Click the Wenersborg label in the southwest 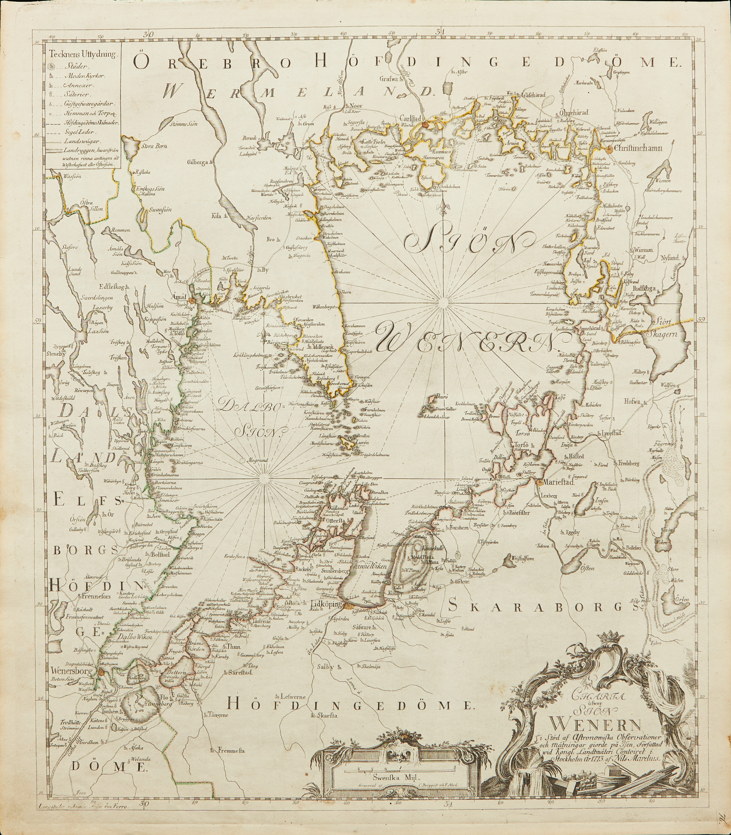(68, 669)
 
